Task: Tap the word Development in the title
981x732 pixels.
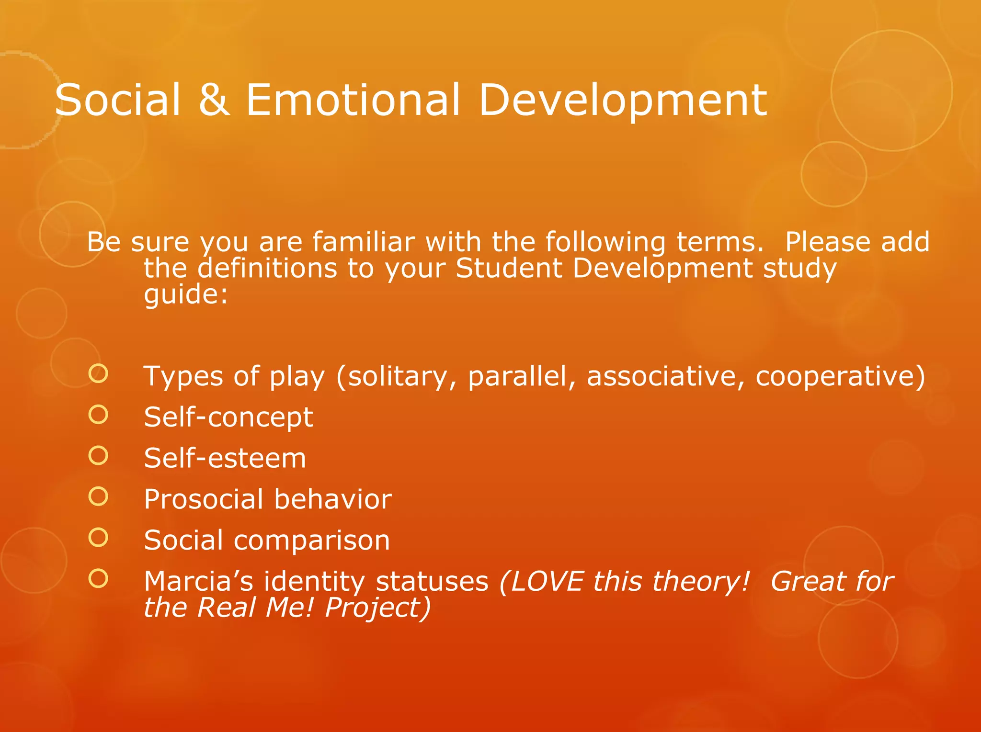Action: coord(623,101)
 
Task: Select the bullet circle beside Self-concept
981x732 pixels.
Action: coord(98,414)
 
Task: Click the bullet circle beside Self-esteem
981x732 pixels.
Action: coord(98,455)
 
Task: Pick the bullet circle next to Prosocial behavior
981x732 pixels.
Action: coord(98,496)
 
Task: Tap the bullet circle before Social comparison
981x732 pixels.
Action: coord(98,538)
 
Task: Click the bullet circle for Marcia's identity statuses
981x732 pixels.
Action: coord(98,578)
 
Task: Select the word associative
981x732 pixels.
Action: coord(665,376)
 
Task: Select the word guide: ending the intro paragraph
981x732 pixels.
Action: coord(186,295)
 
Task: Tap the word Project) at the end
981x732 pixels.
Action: coord(378,608)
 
